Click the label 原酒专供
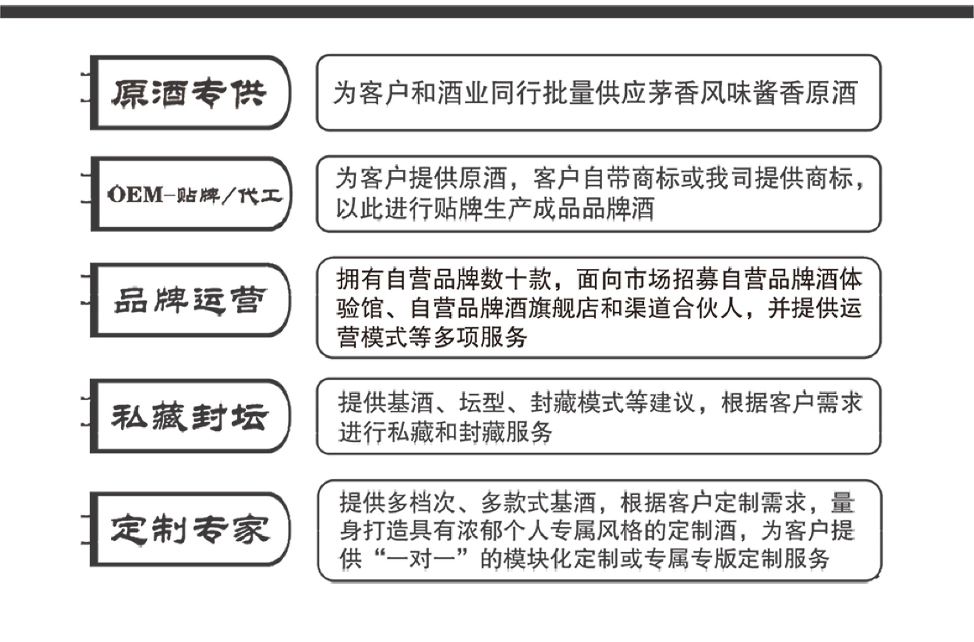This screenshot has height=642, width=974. (189, 93)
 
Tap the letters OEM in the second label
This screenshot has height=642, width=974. (135, 195)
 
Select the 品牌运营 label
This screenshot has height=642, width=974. (189, 300)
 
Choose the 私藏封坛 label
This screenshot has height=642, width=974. (189, 417)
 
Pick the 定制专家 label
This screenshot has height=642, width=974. (189, 530)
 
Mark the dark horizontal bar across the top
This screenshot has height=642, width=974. (487, 11)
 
